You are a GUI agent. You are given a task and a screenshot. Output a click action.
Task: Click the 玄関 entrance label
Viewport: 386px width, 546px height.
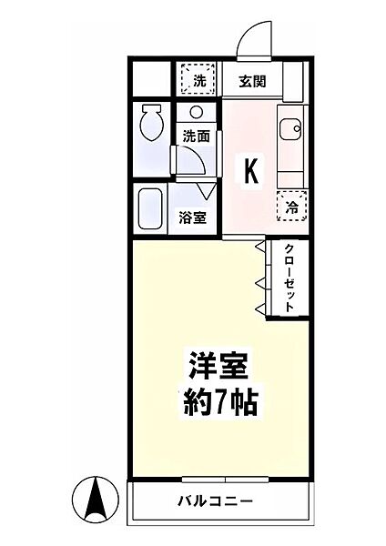(x=252, y=81)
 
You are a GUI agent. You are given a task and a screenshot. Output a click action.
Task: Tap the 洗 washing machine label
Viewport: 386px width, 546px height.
(x=199, y=81)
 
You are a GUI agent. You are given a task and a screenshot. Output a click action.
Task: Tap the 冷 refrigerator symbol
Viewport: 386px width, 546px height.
(x=292, y=207)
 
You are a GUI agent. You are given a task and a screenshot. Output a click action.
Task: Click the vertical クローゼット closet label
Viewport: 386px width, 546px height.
(x=289, y=278)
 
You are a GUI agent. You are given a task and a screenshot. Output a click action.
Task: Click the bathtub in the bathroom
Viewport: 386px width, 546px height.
(x=149, y=211)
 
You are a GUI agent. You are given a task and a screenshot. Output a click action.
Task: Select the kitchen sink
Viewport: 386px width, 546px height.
(x=292, y=131)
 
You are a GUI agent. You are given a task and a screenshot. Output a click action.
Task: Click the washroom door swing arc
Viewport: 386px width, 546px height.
(x=191, y=160)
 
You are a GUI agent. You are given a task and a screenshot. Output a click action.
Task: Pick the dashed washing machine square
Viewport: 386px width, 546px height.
(x=199, y=78)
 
